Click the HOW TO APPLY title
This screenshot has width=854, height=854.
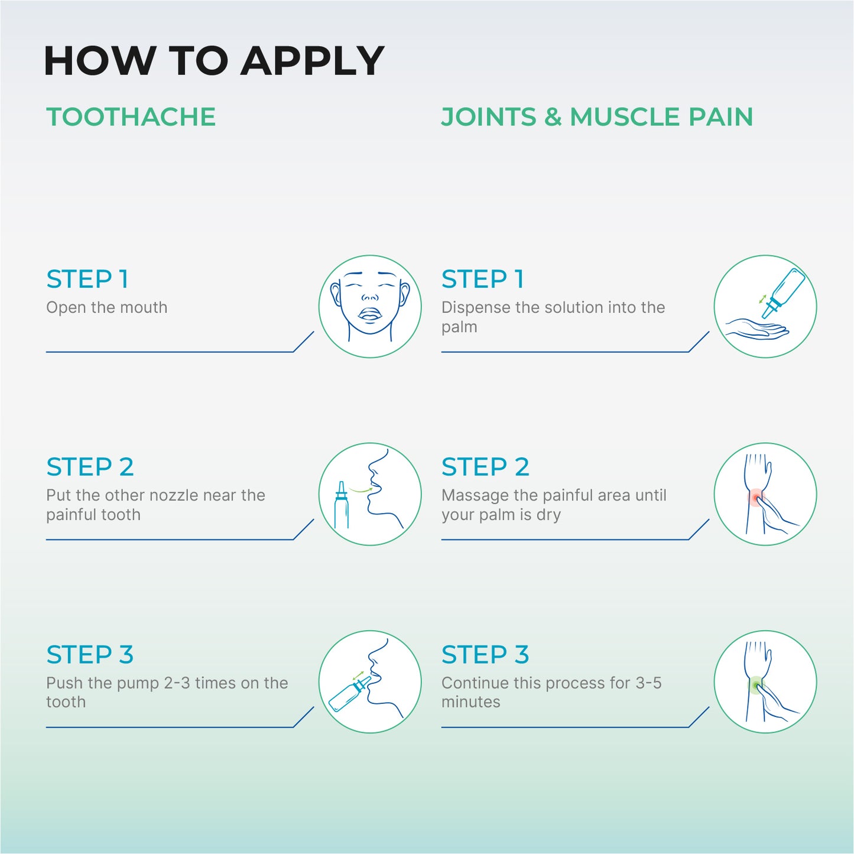tap(214, 60)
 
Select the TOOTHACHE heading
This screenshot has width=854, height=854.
tap(131, 117)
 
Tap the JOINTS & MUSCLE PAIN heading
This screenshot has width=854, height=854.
tap(597, 117)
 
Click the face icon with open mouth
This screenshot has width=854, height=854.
tap(369, 306)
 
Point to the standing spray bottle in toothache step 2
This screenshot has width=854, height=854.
tap(341, 505)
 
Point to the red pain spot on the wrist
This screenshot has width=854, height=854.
tap(756, 497)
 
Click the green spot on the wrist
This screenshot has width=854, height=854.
tap(756, 685)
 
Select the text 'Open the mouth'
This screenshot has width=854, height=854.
tap(107, 307)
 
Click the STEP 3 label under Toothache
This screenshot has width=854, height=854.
tap(90, 655)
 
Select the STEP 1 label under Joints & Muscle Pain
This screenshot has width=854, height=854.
tap(483, 279)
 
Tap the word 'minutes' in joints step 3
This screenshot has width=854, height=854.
tap(470, 702)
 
